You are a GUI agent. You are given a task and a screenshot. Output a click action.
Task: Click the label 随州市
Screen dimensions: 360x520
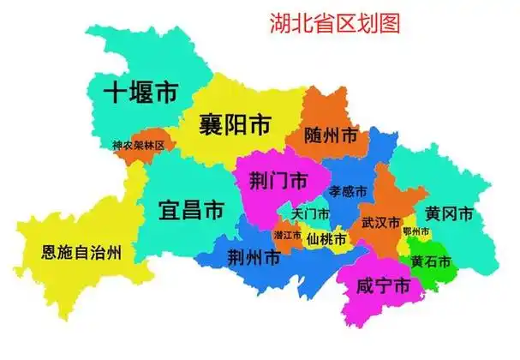click(331, 135)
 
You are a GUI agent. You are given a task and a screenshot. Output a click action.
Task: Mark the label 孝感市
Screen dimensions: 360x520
click(349, 190)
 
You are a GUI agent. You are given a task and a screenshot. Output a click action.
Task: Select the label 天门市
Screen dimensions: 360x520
click(310, 213)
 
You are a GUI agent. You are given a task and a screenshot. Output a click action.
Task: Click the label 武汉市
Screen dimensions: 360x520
click(380, 223)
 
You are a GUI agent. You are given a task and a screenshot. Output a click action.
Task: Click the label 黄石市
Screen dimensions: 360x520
click(431, 261)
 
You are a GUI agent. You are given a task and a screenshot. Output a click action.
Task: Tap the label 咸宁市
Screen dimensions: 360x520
click(382, 288)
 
